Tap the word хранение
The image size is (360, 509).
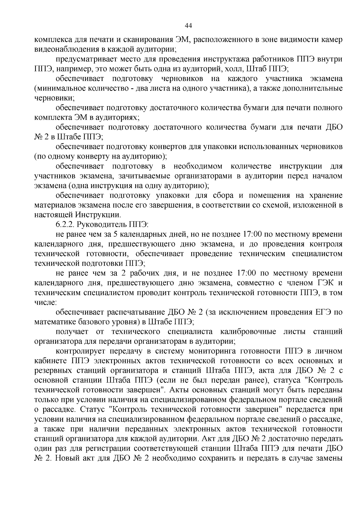pyautogui.click(x=325, y=195)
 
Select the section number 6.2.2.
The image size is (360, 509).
pyautogui.click(x=65, y=225)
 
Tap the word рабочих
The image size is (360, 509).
pyautogui.click(x=145, y=273)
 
